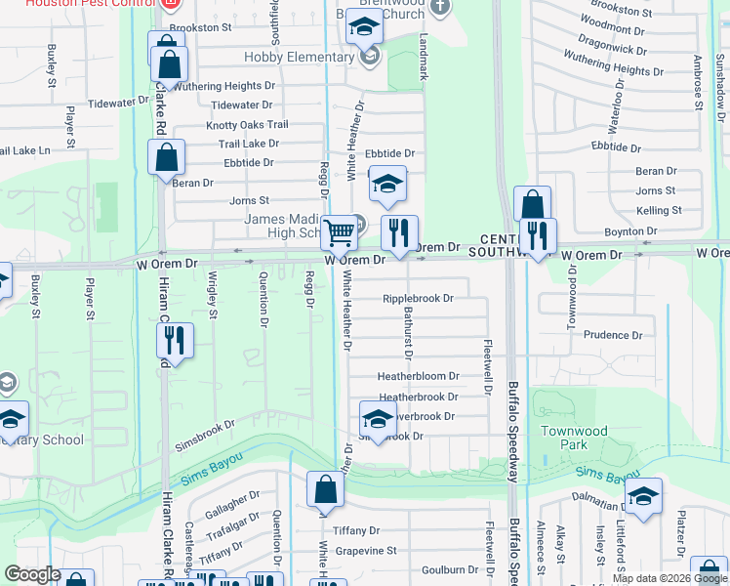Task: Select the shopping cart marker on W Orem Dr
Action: click(x=339, y=233)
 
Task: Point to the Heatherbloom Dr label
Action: click(x=418, y=376)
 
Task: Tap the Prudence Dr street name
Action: click(x=613, y=335)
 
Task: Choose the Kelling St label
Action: click(x=659, y=211)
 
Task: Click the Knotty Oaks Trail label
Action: click(x=247, y=125)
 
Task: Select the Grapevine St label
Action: click(x=364, y=550)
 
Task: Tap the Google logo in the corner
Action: click(x=32, y=574)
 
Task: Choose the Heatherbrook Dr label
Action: click(x=418, y=398)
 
